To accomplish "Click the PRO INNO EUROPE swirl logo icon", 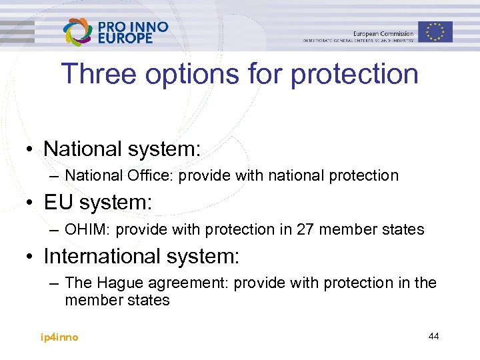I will (78, 32).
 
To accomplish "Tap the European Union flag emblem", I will (435, 31).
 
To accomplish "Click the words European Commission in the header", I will (383, 33).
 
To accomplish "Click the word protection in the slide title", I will (355, 74).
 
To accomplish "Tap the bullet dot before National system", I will (31, 149).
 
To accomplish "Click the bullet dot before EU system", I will (31, 203).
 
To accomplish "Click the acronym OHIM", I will (83, 229).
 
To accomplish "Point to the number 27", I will (306, 229).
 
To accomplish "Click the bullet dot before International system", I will (31, 256).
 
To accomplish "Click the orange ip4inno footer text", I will (59, 337).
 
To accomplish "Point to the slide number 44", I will (433, 336).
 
